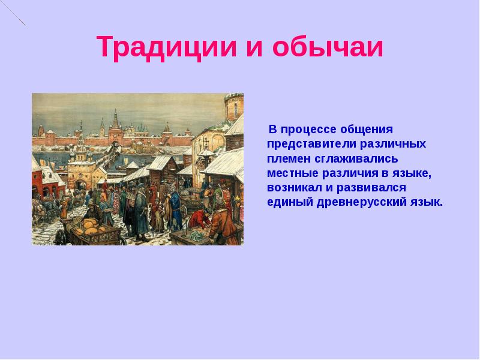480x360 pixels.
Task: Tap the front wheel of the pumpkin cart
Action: [61, 238]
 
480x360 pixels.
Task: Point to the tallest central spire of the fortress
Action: [115, 120]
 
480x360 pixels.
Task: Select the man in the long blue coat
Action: [176, 210]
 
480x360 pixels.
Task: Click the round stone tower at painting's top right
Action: [234, 108]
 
